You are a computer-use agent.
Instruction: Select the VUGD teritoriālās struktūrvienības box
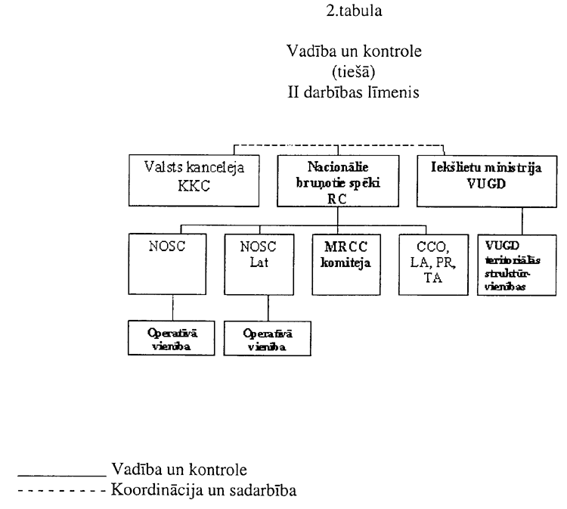[x=510, y=265]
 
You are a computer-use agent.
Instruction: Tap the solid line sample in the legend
[x=60, y=473]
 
